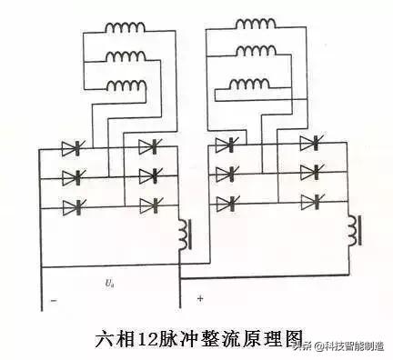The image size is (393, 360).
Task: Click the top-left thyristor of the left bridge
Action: pos(71,148)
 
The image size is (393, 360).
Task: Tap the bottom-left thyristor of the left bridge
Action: pos(71,207)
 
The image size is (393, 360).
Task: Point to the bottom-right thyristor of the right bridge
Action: pos(311,201)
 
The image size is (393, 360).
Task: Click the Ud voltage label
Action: pos(109,282)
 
